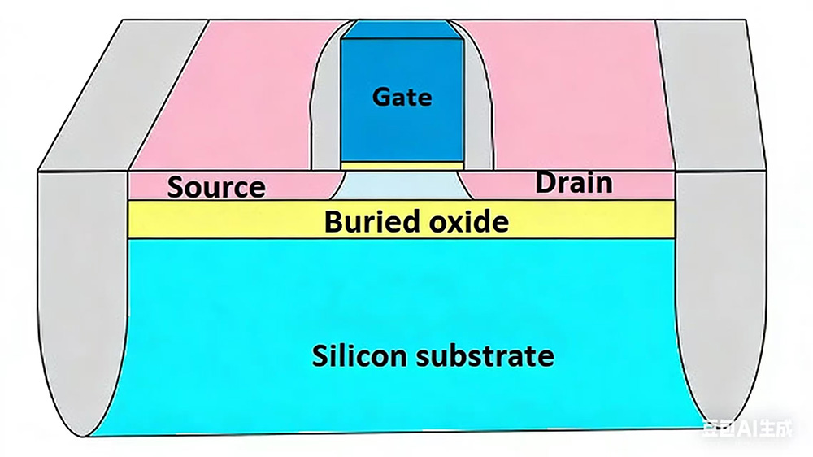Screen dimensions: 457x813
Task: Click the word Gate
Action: [402, 98]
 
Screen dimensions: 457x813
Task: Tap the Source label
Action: [216, 187]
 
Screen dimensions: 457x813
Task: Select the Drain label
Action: [573, 182]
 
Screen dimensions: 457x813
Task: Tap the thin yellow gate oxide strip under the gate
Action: [402, 165]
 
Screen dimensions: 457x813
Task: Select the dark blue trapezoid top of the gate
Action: [402, 29]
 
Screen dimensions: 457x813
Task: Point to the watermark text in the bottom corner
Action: [747, 428]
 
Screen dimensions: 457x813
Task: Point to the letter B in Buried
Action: [333, 222]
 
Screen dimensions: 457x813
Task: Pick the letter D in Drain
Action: [545, 182]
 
